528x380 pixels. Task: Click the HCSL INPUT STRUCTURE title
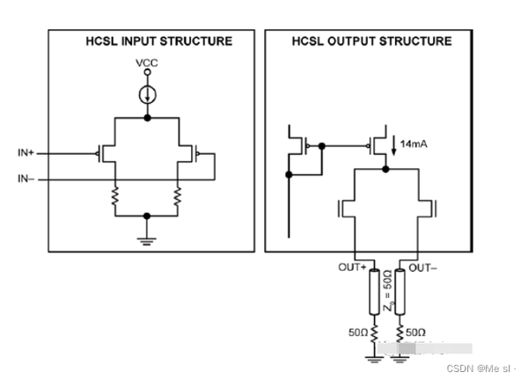coord(146,41)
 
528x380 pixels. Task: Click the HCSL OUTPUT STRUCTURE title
coord(371,41)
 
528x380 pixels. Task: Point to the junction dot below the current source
coord(147,116)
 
